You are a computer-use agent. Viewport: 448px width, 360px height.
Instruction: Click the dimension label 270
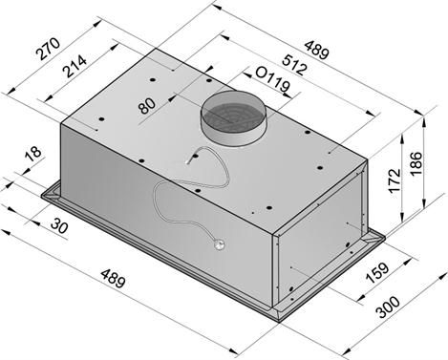point(48,49)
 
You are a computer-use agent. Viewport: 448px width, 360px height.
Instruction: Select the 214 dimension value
point(75,67)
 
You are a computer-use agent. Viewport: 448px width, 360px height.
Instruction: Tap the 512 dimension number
point(295,65)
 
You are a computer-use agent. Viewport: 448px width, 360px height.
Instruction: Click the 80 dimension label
point(147,106)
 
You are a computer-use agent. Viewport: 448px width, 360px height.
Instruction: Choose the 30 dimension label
point(59,226)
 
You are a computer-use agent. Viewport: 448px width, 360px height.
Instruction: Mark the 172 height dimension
point(394,180)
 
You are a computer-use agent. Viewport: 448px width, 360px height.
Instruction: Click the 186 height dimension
point(416,163)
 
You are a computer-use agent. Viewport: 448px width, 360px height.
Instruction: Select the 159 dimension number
point(377,273)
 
